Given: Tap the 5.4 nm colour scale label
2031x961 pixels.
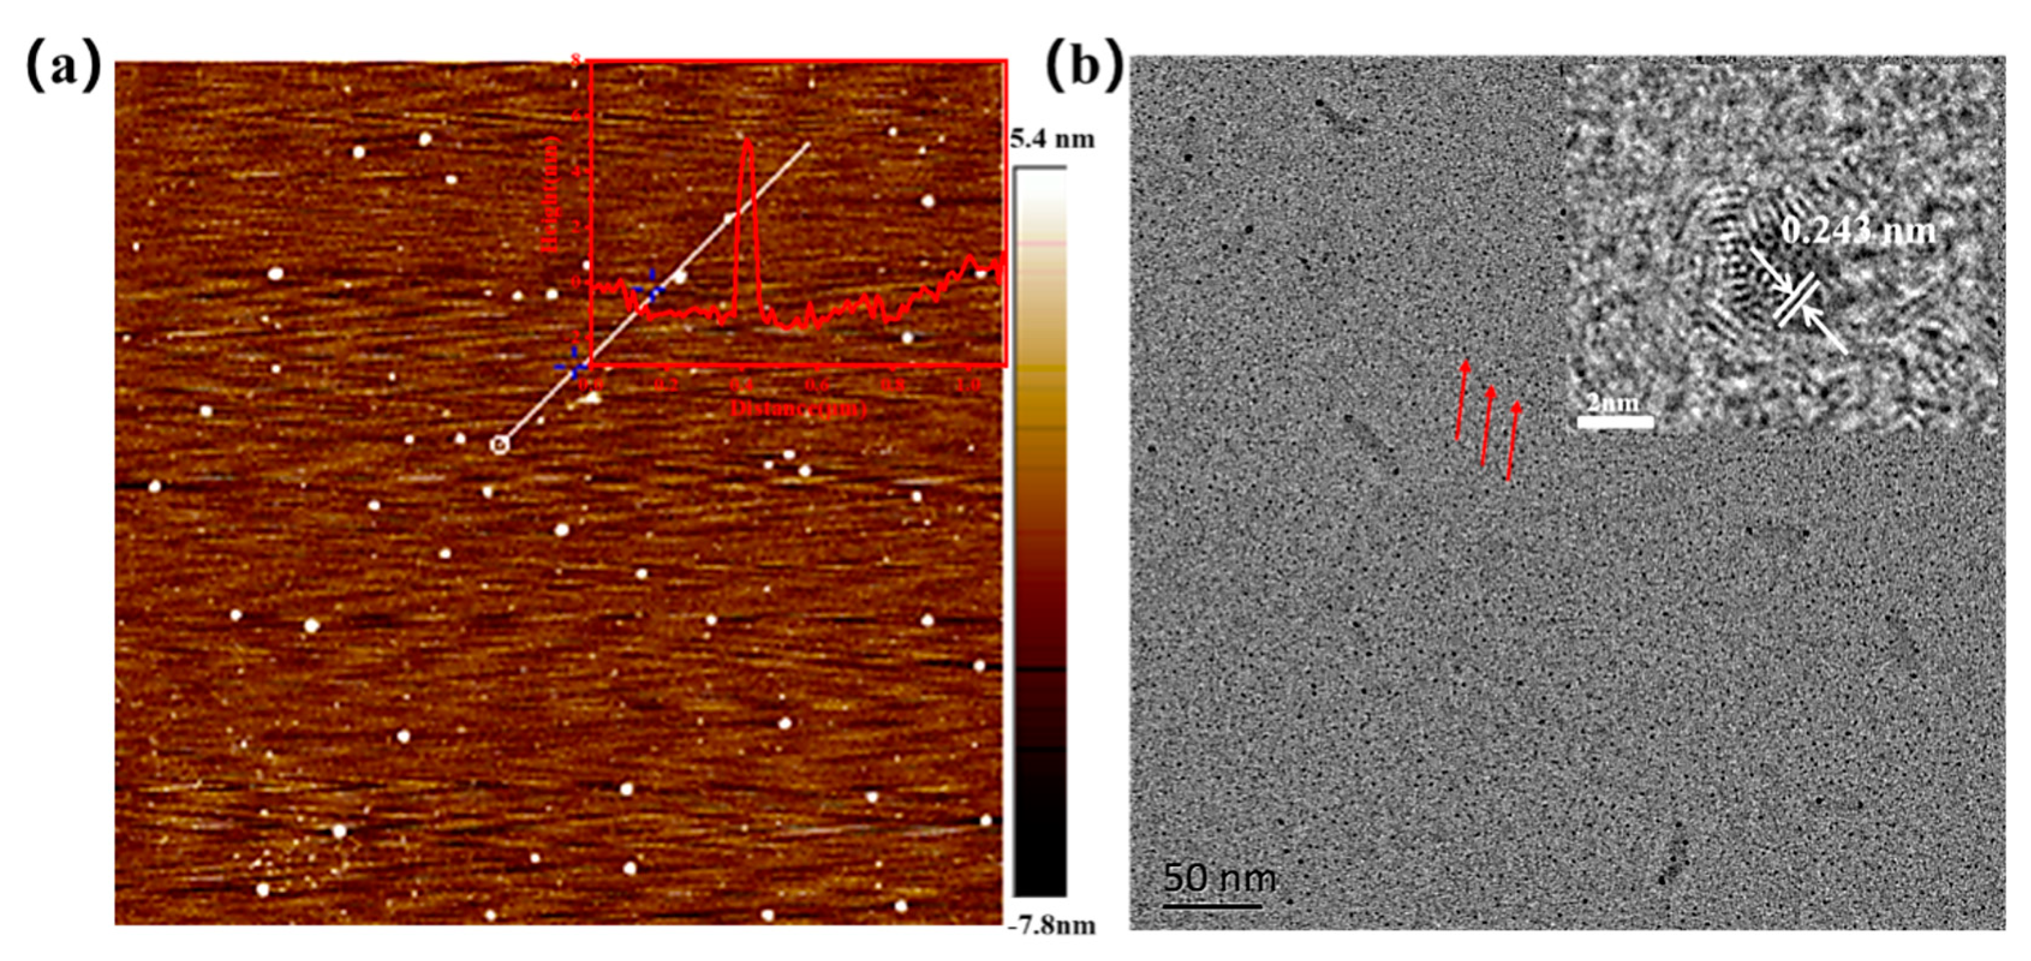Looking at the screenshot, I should [x=1053, y=139].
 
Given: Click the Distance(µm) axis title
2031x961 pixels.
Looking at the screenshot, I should [x=798, y=408].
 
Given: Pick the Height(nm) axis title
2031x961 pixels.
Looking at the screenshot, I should [x=551, y=194].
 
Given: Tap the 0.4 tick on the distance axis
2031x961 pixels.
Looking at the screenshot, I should [x=741, y=385].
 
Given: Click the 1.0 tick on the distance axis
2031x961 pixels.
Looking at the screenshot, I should [x=967, y=385].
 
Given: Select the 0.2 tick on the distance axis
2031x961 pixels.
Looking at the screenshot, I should [x=665, y=385].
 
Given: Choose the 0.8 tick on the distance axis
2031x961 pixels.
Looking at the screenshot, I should [x=892, y=385].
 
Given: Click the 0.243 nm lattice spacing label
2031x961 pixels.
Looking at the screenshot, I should [x=1857, y=232].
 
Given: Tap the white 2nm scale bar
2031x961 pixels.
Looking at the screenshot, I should [x=1615, y=423].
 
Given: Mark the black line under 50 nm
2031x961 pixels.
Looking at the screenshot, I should [x=1212, y=905].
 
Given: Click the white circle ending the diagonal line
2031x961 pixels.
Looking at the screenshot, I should [x=500, y=445].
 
